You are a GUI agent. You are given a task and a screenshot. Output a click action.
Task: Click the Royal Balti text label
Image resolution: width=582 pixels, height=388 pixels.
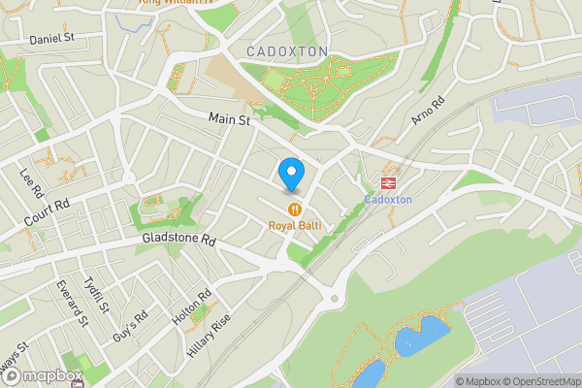(x=295, y=226)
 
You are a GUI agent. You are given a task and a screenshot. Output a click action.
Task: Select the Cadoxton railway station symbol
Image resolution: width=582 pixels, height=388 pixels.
(x=389, y=180)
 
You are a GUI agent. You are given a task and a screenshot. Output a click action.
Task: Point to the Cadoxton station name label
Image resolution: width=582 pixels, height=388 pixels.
(x=388, y=200)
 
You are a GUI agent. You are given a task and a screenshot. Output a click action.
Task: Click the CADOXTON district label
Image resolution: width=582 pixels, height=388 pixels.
(x=287, y=50)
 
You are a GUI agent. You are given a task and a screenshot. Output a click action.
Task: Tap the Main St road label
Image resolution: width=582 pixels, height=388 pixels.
(x=230, y=120)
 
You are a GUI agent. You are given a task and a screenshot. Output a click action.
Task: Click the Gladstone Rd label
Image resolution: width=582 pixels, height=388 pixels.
(x=177, y=238)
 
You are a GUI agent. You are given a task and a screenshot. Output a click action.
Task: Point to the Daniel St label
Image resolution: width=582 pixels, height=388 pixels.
(x=51, y=40)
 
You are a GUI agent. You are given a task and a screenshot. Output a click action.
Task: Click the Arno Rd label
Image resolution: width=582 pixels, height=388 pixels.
(x=427, y=111)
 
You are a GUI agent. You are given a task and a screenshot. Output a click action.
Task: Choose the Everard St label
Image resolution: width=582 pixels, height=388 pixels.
(x=71, y=303)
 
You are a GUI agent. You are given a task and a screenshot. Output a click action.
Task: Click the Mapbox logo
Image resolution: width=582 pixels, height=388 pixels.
(x=41, y=376)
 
